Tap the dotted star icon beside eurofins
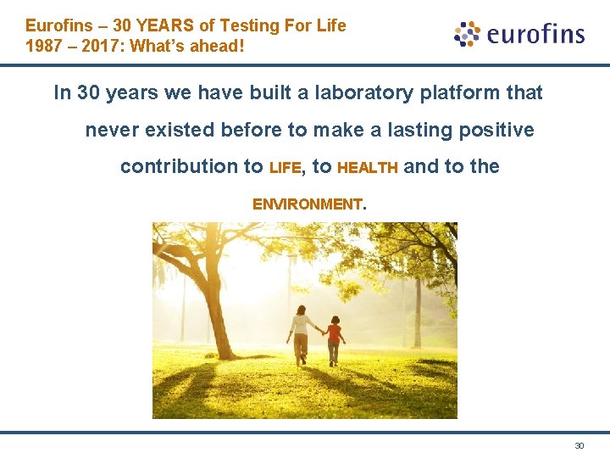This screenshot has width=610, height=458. pos(467,34)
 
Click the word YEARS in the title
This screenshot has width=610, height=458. pos(164,25)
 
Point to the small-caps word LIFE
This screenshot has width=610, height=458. pos(285,168)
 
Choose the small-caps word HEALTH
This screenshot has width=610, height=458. pos(368,168)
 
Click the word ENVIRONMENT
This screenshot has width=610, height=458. pos(307,204)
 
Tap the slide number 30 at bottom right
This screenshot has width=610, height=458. pos(579,445)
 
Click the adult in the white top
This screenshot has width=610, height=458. pos(300,335)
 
